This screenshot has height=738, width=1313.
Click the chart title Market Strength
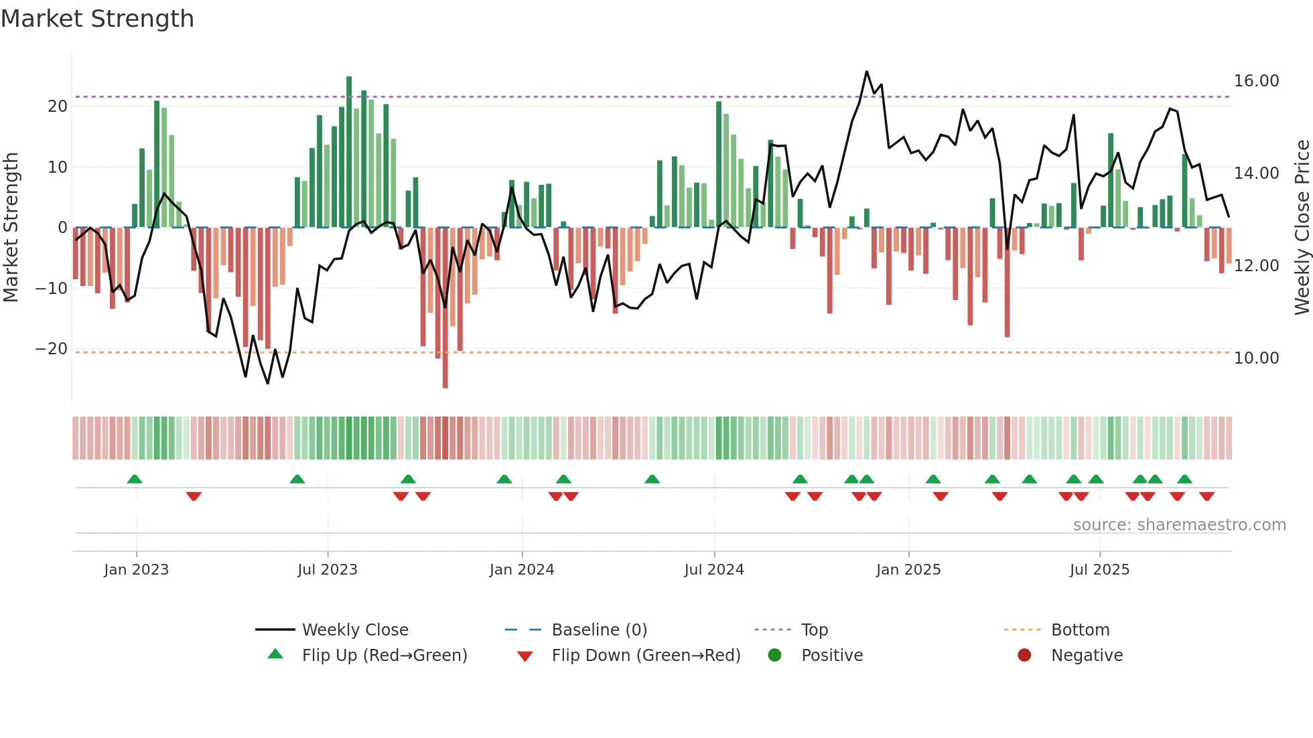97,19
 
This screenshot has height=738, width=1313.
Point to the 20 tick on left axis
58,106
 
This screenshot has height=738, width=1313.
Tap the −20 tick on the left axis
52,349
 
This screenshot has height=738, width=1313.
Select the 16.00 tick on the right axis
1256,81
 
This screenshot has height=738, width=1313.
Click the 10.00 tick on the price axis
1256,358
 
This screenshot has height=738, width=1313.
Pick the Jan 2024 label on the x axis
521,570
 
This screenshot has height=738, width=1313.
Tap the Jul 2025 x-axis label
1099,570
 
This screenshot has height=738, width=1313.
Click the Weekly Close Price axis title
1302,228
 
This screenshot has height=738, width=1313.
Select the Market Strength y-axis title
11,228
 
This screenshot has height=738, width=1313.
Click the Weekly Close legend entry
354,630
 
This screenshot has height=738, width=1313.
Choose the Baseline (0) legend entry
599,630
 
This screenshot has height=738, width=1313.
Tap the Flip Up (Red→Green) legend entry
384,656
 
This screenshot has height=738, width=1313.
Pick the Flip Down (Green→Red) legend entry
646,656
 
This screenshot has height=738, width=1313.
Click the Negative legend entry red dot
1024,656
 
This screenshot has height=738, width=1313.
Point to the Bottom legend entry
1080,630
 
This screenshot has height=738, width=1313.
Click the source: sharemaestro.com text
1179,525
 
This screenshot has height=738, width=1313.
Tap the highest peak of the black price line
867,72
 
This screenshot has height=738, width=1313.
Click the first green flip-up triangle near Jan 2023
135,479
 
